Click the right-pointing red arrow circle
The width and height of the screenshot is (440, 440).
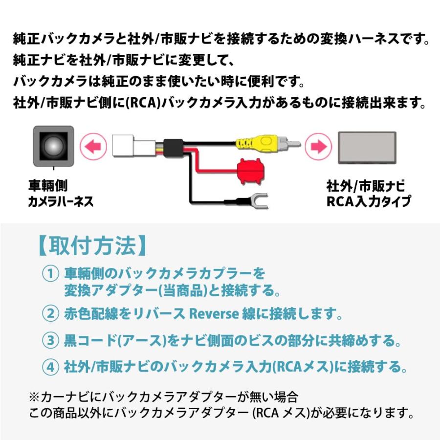coord(318,146)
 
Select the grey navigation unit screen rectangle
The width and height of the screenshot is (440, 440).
coord(366,147)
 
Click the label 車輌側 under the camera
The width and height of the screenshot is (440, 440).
coord(47,186)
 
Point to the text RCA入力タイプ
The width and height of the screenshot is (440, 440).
coord(368,201)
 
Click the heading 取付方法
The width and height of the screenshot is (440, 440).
coord(91,245)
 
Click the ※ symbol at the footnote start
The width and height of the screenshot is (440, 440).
coord(34,395)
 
